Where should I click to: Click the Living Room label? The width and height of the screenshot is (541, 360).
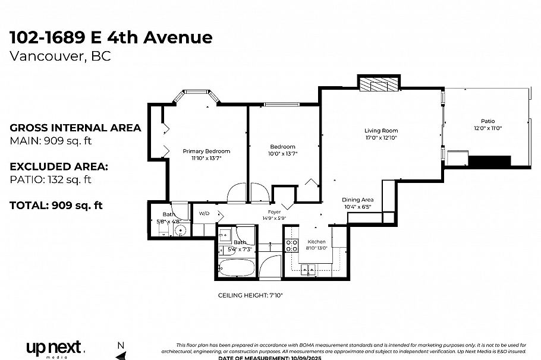pos(381,131)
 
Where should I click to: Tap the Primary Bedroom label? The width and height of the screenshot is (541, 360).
pos(206,151)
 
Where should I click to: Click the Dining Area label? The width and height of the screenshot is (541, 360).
pos(357,200)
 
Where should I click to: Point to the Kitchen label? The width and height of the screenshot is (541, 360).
pos(316,242)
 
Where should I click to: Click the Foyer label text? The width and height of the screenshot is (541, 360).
pos(274,211)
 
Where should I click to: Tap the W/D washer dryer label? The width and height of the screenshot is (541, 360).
pos(204,213)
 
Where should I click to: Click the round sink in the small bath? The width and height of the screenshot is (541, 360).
pos(181,230)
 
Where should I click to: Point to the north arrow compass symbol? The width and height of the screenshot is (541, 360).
pos(121,350)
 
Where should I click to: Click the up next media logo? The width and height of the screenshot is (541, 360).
pos(55,348)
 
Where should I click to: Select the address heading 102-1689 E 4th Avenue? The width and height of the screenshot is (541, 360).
pos(111,37)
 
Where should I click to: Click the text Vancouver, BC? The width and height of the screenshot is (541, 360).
pos(60,56)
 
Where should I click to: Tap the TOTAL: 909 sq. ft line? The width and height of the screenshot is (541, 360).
pos(56,206)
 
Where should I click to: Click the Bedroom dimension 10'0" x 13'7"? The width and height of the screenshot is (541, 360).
pos(282,153)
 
